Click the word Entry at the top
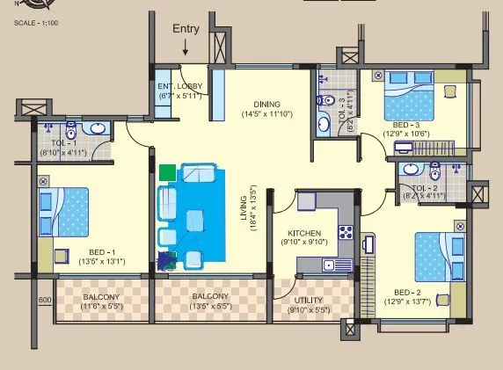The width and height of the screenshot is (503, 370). tap(186, 28)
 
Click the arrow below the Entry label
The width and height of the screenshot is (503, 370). tap(186, 48)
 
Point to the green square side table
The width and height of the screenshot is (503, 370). tap(168, 171)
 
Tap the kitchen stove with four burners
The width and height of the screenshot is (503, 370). tap(346, 233)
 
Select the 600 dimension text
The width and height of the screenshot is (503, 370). tap(45, 300)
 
